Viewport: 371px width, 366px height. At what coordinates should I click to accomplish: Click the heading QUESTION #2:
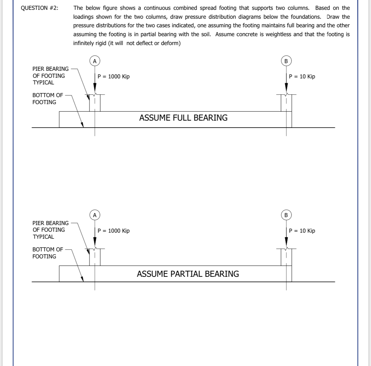coord(39,8)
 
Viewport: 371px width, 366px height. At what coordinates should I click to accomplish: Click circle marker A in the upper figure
coord(94,61)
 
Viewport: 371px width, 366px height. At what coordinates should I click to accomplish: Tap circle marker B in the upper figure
coord(286,61)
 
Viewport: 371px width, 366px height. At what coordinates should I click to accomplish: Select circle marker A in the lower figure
coord(94,215)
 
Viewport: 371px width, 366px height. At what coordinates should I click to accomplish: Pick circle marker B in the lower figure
coord(286,215)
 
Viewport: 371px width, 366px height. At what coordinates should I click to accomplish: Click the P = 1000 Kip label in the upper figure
coord(114,77)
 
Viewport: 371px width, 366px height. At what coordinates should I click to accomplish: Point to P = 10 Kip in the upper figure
coord(302,77)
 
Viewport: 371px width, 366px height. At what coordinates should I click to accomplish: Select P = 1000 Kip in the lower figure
coord(114,231)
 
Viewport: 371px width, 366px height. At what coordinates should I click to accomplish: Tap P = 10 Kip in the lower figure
coord(302,231)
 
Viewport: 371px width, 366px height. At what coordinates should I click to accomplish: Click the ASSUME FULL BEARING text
coord(183,118)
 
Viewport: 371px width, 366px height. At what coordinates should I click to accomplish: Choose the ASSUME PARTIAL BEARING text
coord(188,274)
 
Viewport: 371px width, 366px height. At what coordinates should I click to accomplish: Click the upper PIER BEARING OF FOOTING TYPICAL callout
coord(50,76)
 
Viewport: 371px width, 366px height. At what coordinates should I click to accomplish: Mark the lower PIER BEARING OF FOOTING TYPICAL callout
coord(50,230)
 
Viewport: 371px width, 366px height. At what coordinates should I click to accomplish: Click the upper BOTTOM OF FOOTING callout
coord(48,98)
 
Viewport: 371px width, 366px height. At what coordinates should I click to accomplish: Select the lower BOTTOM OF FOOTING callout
coord(48,253)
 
